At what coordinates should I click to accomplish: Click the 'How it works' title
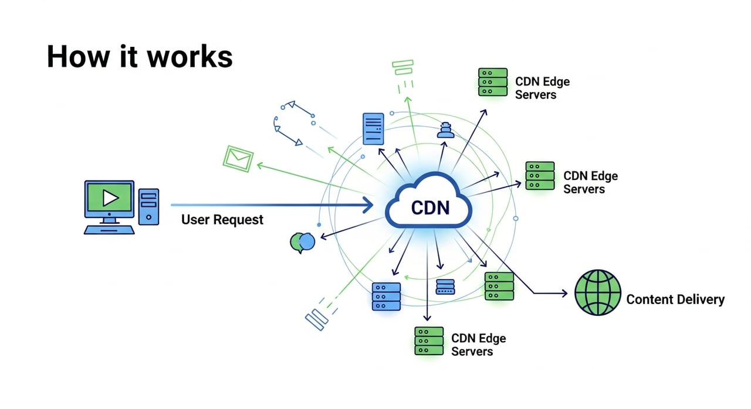pos(140,57)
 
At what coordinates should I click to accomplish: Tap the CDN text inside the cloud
pos(430,207)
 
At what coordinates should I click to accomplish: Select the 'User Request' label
pos(222,220)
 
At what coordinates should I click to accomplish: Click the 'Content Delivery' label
pos(675,299)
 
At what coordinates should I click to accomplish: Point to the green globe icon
pos(597,292)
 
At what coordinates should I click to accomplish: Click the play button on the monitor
pos(110,199)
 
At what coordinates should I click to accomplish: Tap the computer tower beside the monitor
pos(148,206)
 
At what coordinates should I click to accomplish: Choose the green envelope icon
pos(238,158)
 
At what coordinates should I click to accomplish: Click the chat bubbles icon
pos(303,242)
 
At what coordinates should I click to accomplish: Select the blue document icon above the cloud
pos(373,129)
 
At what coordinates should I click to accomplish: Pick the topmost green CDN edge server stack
pos(493,82)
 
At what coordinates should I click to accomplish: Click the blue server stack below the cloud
pos(386,296)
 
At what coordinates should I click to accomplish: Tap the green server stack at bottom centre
pos(429,340)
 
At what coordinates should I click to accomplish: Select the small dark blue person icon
pos(446,130)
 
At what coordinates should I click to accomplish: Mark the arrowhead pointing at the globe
pos(564,292)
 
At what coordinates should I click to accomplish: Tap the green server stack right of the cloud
pos(540,176)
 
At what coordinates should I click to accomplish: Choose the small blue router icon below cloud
pos(445,287)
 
